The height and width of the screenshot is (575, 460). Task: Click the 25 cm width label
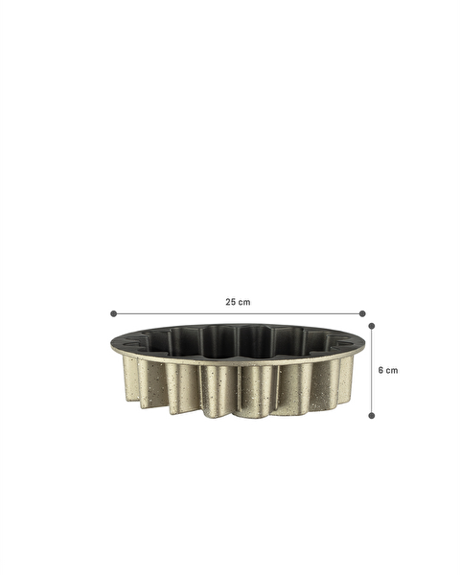[238, 302]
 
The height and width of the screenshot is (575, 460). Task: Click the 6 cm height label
[388, 370]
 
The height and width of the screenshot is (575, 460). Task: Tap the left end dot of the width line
[113, 313]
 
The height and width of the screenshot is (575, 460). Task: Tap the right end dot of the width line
[362, 313]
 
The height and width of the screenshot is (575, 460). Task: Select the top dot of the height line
[372, 325]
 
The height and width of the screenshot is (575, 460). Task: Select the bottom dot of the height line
[372, 415]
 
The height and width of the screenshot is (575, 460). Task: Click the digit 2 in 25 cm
[228, 302]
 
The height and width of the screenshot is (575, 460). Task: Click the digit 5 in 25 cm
[234, 302]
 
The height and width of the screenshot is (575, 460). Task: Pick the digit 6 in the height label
[380, 370]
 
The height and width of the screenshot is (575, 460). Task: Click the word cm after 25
[244, 302]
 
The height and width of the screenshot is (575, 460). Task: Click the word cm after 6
[392, 370]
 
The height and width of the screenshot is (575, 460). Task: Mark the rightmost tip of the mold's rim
[365, 342]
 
